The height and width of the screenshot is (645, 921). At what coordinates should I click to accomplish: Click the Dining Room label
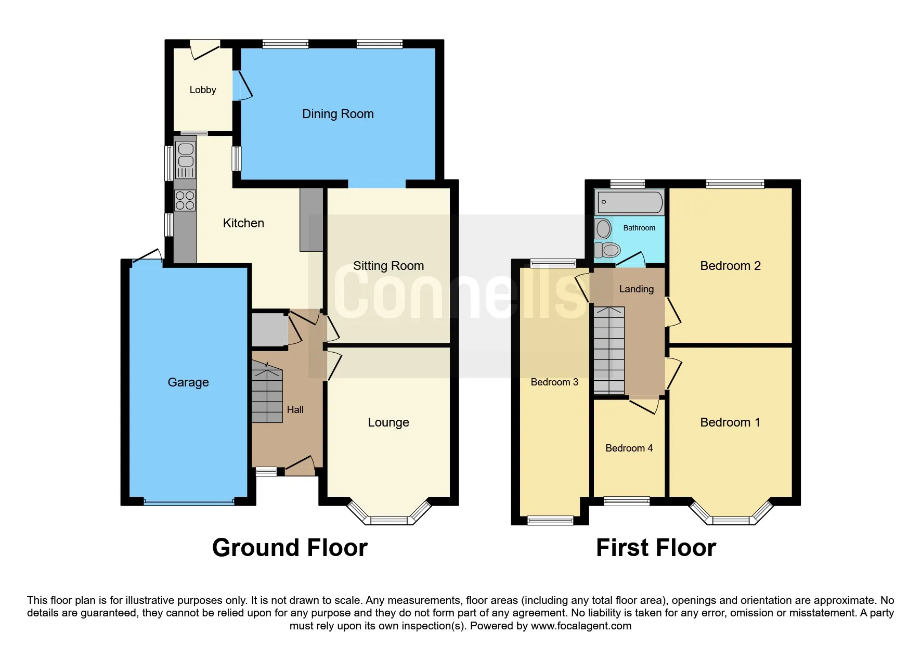338,114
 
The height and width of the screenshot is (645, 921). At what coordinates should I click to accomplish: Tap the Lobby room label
203,90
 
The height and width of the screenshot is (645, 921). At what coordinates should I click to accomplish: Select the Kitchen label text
243,223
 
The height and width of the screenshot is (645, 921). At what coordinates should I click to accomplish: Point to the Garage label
188,382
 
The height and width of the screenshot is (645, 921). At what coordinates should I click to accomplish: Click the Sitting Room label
388,266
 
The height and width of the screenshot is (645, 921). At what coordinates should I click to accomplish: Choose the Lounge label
388,422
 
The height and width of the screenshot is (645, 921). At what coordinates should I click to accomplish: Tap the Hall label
295,410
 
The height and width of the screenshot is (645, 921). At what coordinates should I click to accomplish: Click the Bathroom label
639,228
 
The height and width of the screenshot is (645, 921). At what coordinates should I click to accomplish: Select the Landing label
637,289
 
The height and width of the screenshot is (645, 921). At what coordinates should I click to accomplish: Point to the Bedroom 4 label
629,448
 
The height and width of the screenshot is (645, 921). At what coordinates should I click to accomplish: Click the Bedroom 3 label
554,382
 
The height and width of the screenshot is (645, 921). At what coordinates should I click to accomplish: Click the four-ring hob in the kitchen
185,200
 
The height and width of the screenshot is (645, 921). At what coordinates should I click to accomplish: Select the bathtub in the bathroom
630,202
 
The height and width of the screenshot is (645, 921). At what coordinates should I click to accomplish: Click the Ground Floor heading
290,548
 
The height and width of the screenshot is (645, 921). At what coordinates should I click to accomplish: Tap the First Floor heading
656,548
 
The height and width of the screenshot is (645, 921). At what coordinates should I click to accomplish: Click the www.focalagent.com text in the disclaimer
581,626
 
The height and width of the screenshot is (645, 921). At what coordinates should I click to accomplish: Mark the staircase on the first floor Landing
609,350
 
